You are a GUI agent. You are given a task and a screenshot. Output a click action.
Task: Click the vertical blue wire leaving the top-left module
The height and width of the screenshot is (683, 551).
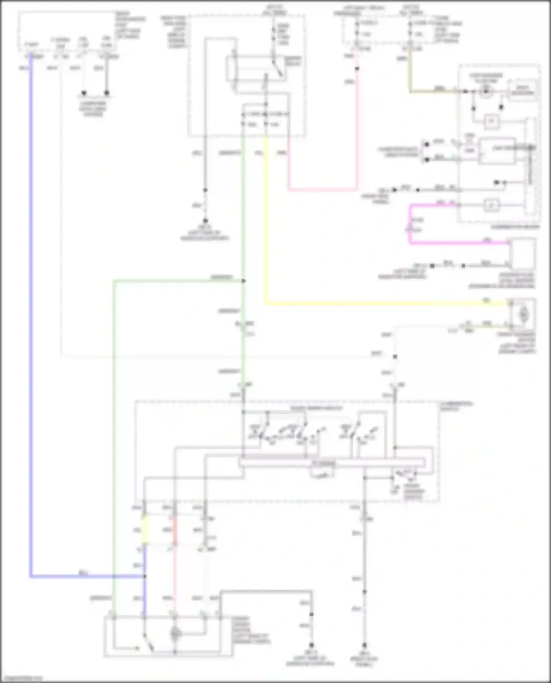point(31,294)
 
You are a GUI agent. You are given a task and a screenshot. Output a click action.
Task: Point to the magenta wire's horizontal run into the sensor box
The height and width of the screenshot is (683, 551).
point(459,242)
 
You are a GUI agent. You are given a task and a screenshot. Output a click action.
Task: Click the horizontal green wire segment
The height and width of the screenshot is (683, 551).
point(176,281)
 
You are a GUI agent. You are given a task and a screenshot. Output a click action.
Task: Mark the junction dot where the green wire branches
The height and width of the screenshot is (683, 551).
point(243,281)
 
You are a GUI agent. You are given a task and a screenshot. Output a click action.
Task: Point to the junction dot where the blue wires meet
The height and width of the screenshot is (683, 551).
point(145,577)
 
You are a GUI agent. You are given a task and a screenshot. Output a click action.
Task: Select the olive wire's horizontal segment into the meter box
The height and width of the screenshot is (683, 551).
point(433,91)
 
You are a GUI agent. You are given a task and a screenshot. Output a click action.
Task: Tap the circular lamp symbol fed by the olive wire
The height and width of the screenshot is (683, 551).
point(486,91)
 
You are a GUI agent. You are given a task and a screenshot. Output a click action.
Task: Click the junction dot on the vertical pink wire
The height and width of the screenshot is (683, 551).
point(357,69)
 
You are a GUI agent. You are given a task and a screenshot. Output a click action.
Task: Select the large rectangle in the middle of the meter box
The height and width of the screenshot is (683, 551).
point(498,150)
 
